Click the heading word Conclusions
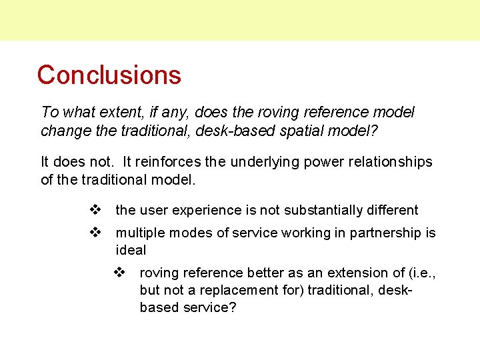point(109,75)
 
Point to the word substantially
point(313,210)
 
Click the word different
point(390,210)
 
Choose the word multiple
point(140,233)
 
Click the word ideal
point(131,250)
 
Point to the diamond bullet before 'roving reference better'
point(120,273)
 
